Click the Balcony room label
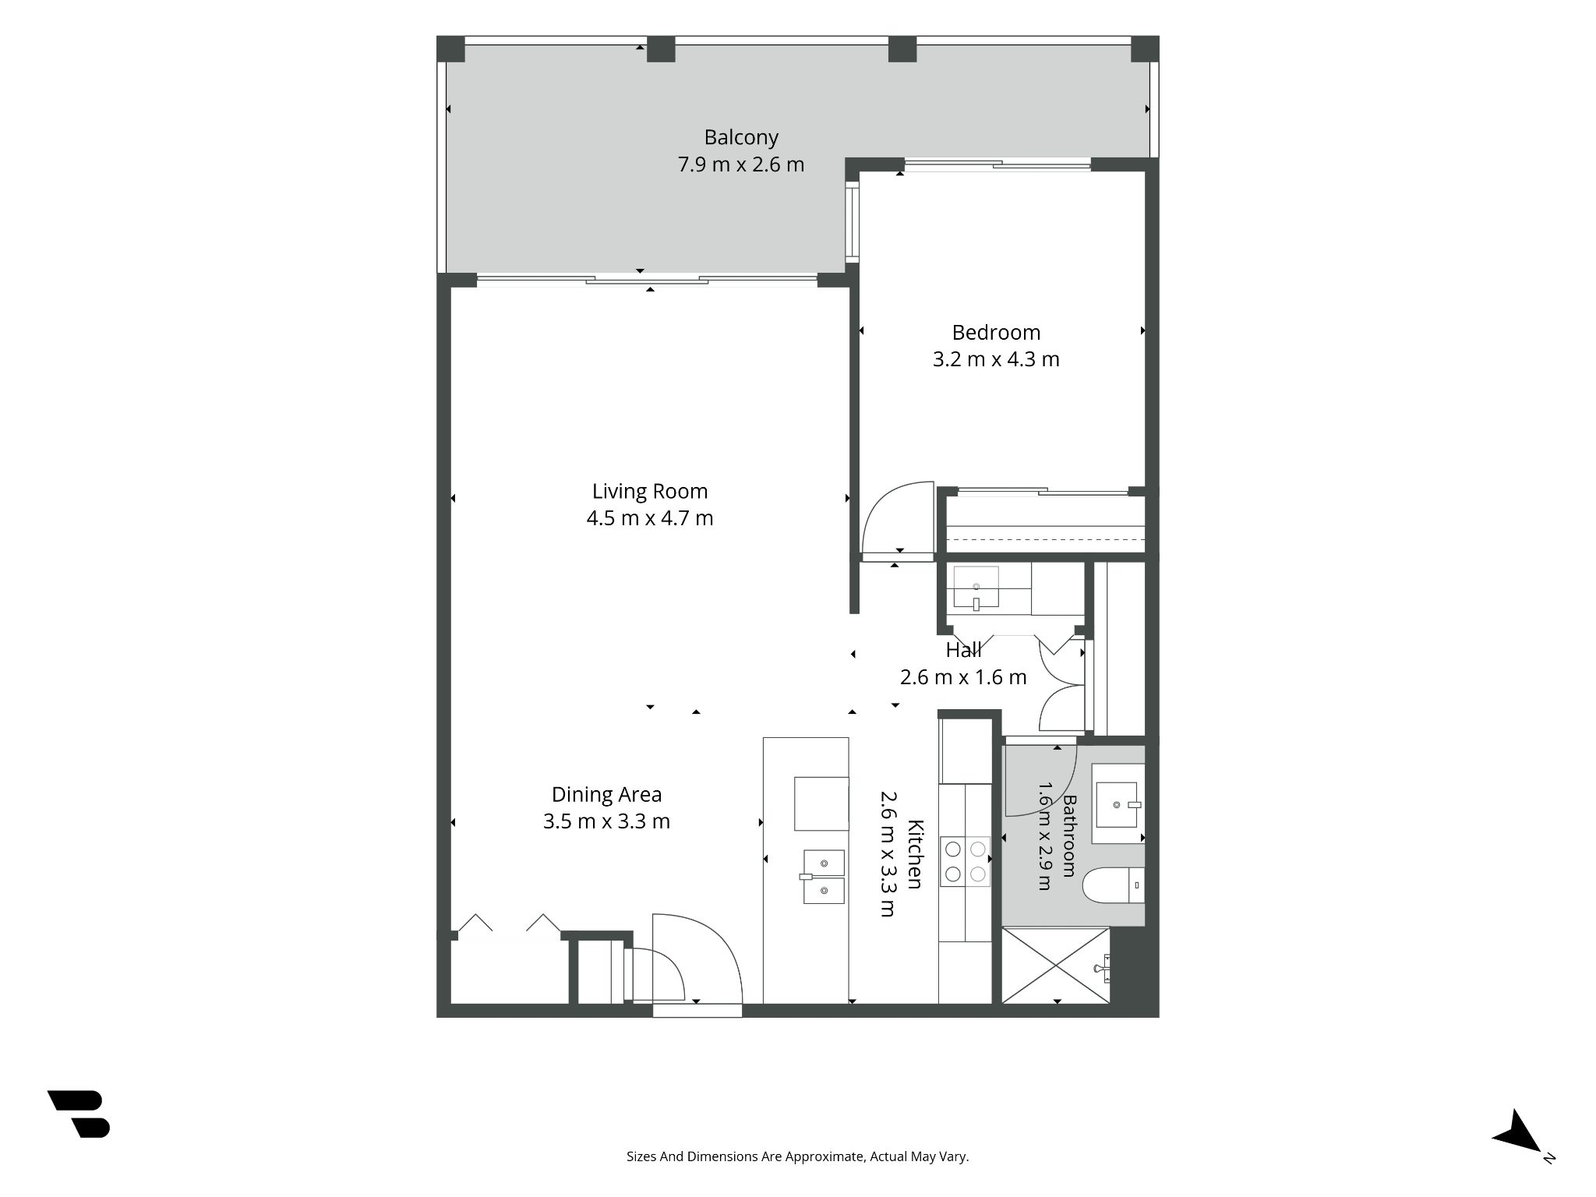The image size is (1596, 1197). (x=741, y=138)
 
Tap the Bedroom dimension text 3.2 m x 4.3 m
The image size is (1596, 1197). (x=996, y=359)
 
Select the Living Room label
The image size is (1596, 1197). (x=650, y=492)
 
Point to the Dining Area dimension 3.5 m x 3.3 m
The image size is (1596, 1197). (x=606, y=821)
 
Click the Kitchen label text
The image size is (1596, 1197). (x=916, y=854)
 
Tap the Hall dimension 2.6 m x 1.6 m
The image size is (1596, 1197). (x=963, y=677)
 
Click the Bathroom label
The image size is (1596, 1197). (x=1069, y=835)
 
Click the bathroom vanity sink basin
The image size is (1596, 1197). (x=1118, y=804)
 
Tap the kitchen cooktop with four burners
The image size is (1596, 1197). (x=965, y=861)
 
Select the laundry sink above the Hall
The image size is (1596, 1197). (x=976, y=587)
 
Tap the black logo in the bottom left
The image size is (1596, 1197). (x=79, y=1114)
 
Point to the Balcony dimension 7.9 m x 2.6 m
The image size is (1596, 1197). (x=741, y=164)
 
